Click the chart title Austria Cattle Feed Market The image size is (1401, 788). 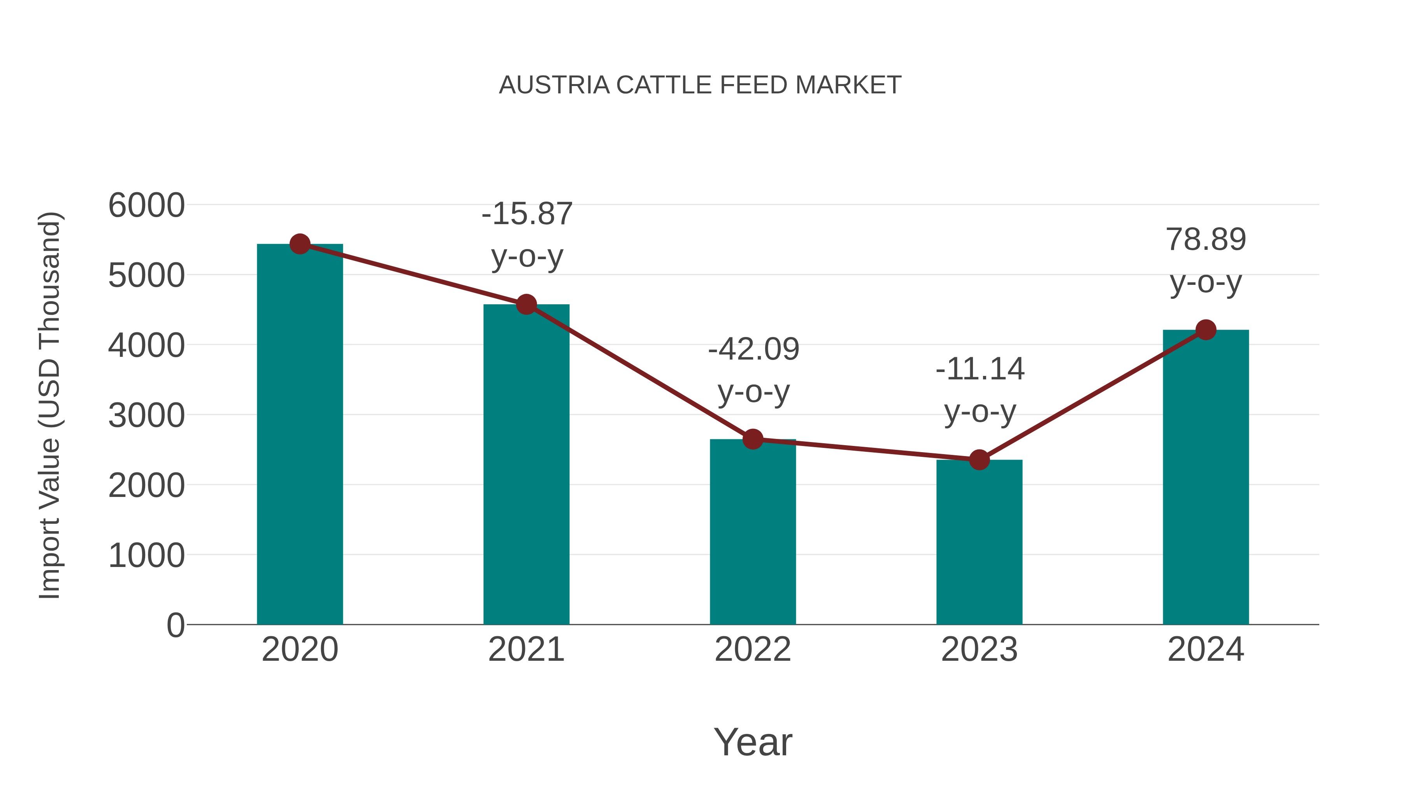[x=700, y=85]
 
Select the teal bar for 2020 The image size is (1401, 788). [x=300, y=435]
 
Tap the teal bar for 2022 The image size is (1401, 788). [x=753, y=533]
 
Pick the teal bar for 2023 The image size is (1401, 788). [x=979, y=544]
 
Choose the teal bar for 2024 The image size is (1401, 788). [x=1206, y=479]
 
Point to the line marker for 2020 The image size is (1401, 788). [x=300, y=244]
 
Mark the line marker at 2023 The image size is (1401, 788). [x=979, y=460]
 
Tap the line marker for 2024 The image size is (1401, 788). [x=1206, y=330]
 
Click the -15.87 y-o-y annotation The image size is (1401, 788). [x=527, y=235]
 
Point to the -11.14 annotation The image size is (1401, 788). [x=980, y=390]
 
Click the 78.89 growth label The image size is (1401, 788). [x=1206, y=260]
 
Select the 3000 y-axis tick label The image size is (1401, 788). [x=146, y=416]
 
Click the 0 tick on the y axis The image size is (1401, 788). [x=175, y=625]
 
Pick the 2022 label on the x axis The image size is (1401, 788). [x=753, y=649]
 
